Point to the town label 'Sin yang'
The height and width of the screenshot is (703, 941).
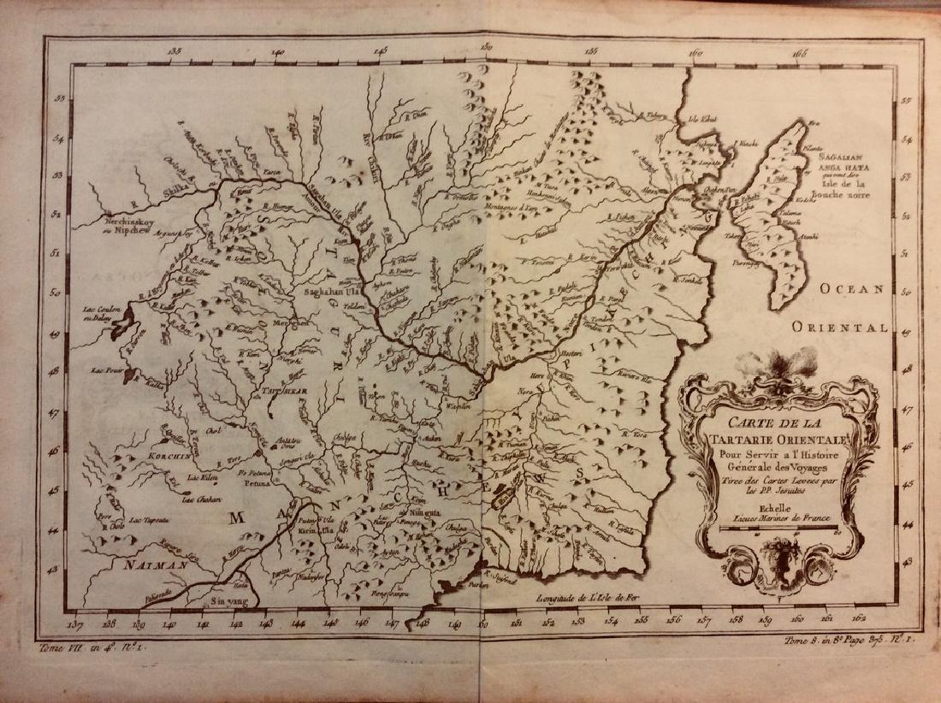click(226, 601)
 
